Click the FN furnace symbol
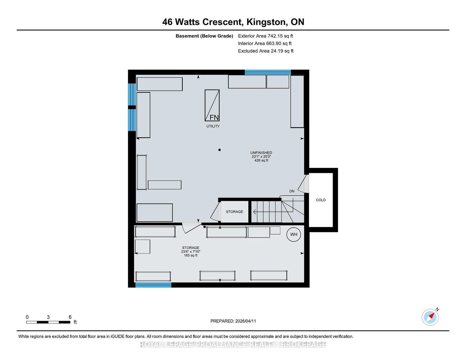212,105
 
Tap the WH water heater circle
294,235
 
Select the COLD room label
321,200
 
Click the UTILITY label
213,126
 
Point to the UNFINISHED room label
261,152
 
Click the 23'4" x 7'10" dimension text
190,251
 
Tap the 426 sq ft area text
261,160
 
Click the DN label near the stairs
292,191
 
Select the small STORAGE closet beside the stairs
234,212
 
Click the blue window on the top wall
268,72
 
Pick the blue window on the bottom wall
153,285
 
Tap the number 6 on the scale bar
70,317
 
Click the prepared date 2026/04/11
246,321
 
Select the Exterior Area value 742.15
275,36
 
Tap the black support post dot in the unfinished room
219,150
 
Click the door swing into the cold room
303,184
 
